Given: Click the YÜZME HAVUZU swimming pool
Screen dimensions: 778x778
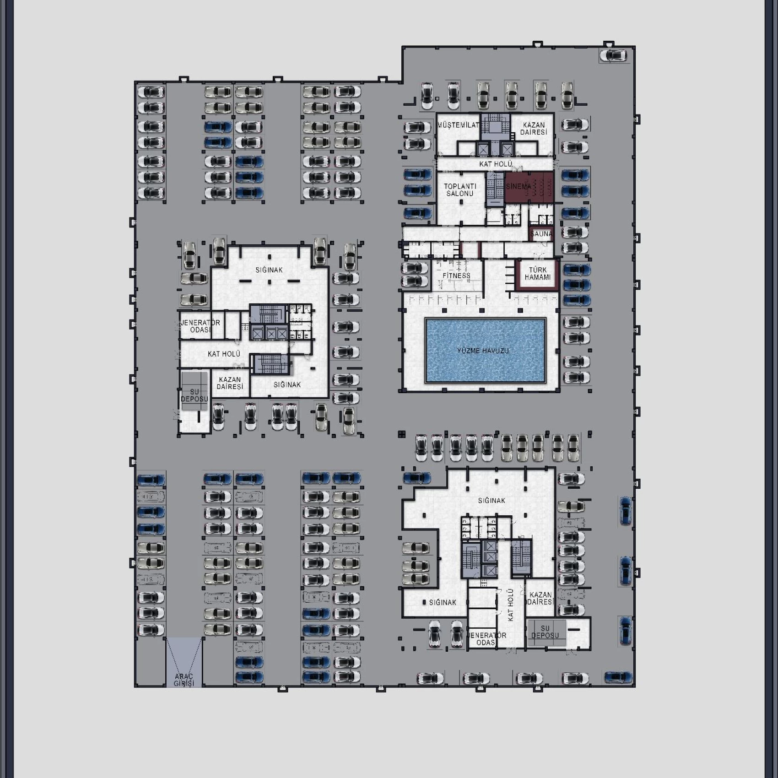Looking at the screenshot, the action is (485, 351).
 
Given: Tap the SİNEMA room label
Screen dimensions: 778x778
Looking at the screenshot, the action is (519, 187).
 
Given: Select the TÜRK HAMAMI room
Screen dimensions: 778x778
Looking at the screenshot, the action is (537, 275).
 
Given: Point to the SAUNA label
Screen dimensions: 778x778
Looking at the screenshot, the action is (541, 234).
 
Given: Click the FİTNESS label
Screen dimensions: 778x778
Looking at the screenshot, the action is (456, 276).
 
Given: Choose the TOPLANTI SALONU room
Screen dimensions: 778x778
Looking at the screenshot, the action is (460, 198).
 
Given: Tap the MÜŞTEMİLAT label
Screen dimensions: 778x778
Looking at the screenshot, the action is (458, 125).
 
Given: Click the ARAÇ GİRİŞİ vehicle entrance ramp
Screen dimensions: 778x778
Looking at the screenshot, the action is (184, 662).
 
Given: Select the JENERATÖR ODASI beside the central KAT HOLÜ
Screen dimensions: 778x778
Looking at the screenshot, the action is (200, 326).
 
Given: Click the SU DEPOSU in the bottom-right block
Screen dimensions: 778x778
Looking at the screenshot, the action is (546, 632).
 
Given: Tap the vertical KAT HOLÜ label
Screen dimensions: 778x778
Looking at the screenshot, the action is (511, 605).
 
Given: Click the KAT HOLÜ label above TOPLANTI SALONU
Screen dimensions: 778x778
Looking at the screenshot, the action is (496, 164).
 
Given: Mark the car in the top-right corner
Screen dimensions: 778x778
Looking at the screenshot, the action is (613, 56).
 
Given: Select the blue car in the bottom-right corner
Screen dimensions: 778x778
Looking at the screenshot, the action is (618, 677).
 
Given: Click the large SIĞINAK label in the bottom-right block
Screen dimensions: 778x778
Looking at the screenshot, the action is (492, 501).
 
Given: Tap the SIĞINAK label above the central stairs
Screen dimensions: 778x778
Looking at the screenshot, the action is (269, 270).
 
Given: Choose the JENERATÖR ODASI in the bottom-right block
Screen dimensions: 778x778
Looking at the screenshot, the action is (486, 638).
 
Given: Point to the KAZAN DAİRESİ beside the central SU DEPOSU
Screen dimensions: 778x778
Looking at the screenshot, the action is (230, 383).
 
